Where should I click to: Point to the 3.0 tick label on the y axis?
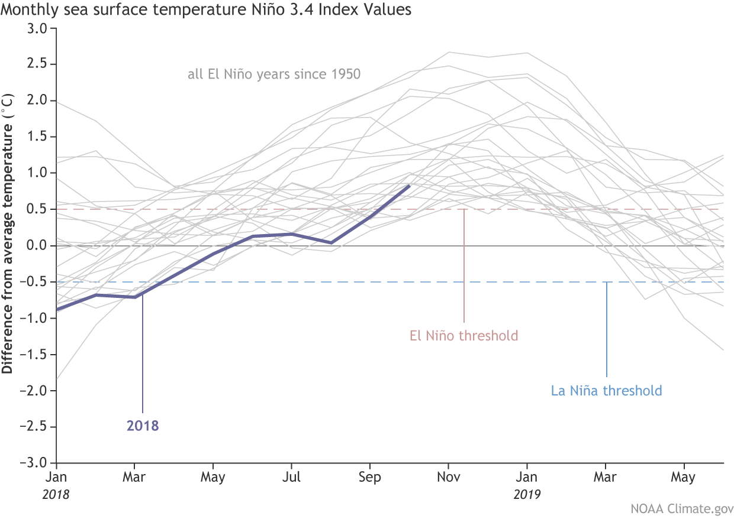[x=37, y=28]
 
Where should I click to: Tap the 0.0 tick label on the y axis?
[x=37, y=246]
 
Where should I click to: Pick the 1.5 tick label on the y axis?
[x=37, y=137]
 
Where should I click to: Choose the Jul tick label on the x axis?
[x=291, y=477]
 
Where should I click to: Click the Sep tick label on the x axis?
[x=369, y=477]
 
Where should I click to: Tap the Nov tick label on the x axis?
[x=448, y=477]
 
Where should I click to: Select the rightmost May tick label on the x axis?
[x=684, y=477]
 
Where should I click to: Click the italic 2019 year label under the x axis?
[x=527, y=494]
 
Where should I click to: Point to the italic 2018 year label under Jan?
[x=56, y=494]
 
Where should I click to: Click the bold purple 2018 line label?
[x=143, y=426]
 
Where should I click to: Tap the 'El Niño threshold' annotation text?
[x=463, y=336]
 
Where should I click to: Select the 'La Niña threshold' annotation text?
[x=606, y=391]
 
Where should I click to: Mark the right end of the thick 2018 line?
[x=409, y=186]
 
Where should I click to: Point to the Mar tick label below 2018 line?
[x=134, y=477]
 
